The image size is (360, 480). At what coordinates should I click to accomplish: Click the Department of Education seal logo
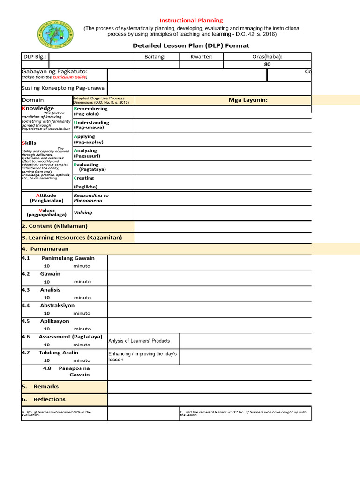56,37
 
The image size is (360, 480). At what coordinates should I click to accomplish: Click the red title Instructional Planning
191,21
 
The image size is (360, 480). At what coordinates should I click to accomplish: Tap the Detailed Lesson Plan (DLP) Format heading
191,45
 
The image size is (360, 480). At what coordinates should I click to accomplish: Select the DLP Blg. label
35,57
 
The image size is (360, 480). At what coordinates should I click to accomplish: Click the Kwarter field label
202,57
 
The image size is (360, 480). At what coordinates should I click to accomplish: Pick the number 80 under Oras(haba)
267,65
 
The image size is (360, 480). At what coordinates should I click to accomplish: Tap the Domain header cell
33,100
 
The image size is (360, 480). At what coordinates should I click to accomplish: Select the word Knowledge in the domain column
38,108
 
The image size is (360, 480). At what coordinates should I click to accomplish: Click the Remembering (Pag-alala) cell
90,111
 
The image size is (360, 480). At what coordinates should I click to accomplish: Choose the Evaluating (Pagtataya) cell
89,167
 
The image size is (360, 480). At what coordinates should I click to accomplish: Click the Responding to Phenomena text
91,198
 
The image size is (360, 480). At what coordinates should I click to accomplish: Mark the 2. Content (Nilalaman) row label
55,226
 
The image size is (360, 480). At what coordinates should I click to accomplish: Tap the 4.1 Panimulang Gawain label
59,258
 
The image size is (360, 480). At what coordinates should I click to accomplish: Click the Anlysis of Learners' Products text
139,341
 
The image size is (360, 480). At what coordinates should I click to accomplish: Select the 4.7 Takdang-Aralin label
50,352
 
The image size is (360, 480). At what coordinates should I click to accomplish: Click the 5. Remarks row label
40,387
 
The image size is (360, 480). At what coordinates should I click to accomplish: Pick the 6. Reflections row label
44,399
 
